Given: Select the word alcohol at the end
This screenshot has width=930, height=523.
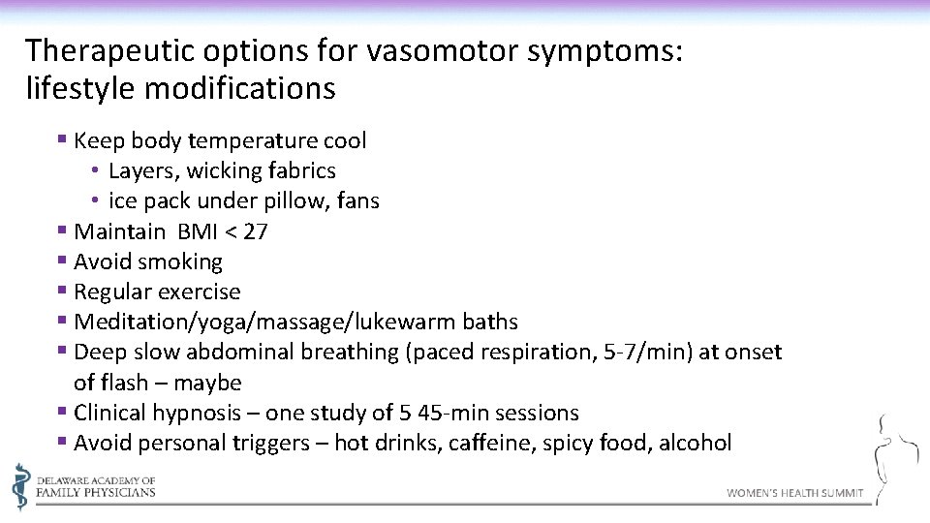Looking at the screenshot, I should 695,443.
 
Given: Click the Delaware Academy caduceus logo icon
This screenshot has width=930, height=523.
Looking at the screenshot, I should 20,485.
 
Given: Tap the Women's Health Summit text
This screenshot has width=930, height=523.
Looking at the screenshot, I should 794,493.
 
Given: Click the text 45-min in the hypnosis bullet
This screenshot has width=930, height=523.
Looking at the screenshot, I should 456,413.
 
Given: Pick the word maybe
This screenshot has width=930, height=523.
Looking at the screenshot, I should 208,383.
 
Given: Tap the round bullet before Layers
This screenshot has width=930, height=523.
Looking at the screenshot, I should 98,171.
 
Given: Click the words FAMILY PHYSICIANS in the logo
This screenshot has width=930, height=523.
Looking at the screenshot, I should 96,492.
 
